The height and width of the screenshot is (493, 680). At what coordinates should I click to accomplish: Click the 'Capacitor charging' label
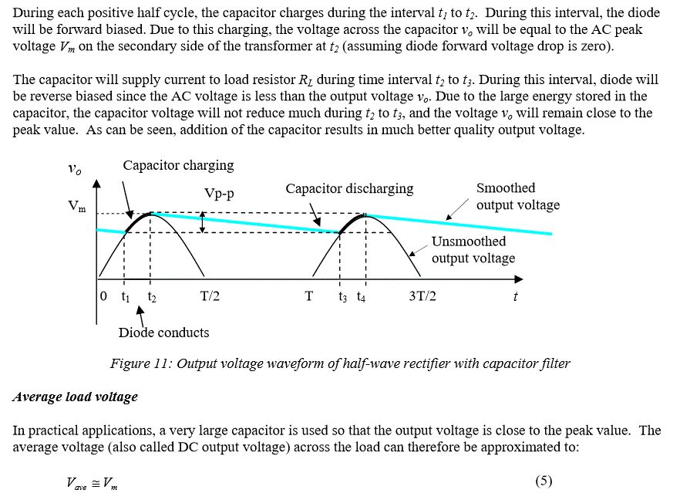pyautogui.click(x=178, y=165)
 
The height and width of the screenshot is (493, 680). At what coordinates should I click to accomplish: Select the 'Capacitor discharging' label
pyautogui.click(x=349, y=188)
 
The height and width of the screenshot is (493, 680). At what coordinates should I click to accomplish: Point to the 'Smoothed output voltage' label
pyautogui.click(x=517, y=196)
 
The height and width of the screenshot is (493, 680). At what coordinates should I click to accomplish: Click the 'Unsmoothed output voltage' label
pyautogui.click(x=473, y=249)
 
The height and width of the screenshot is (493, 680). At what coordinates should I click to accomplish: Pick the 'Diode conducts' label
pyautogui.click(x=163, y=333)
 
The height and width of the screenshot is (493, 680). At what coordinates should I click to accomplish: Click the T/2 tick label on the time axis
pyautogui.click(x=210, y=296)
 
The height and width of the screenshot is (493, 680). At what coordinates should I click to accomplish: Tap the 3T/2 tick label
pyautogui.click(x=422, y=296)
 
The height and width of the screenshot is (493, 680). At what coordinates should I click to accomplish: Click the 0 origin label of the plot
pyautogui.click(x=103, y=296)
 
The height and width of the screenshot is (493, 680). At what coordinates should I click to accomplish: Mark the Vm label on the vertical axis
pyautogui.click(x=77, y=207)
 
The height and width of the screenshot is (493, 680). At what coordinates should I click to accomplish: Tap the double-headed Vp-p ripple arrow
pyautogui.click(x=202, y=223)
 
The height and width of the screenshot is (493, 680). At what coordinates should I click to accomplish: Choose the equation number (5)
pyautogui.click(x=543, y=481)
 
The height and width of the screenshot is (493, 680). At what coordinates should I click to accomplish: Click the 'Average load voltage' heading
pyautogui.click(x=76, y=397)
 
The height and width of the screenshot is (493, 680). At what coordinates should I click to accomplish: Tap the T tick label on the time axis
pyautogui.click(x=308, y=296)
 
